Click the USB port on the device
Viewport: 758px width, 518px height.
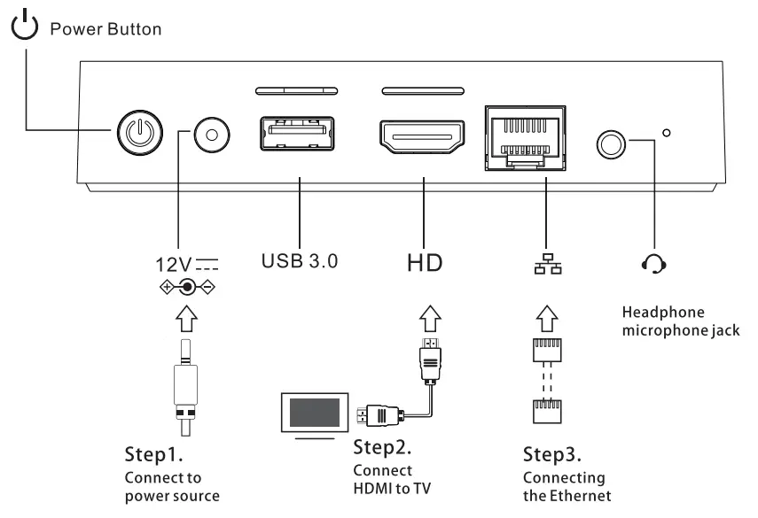298,136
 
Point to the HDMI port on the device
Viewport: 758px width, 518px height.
423,136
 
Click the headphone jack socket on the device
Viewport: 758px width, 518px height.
611,140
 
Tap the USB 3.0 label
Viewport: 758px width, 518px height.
298,262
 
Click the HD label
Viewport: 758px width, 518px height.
425,263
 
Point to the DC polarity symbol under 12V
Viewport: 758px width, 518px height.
187,288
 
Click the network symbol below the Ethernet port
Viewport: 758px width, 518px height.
545,263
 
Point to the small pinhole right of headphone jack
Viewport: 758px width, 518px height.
667,134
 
